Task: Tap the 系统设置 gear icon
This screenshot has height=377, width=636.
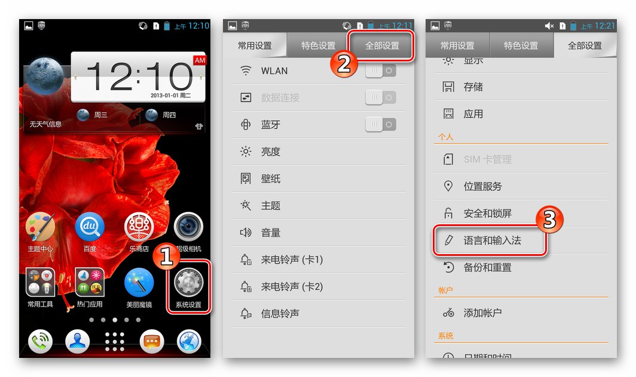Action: pos(188,283)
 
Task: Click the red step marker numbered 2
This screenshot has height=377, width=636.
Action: pos(344,62)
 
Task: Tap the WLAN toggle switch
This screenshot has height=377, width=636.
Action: pos(380,70)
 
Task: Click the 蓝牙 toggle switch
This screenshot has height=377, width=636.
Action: pos(380,125)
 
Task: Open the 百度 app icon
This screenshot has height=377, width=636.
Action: pos(90,228)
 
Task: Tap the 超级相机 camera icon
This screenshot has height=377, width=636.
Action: pos(188,228)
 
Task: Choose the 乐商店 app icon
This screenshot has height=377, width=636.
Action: pos(139,228)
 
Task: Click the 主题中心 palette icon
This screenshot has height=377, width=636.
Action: pos(41,228)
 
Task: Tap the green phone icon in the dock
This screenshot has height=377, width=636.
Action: pos(41,341)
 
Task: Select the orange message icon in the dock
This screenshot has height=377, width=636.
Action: pos(152,341)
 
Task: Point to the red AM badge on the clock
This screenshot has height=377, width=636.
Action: pos(200,60)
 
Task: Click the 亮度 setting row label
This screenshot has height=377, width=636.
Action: pos(271,152)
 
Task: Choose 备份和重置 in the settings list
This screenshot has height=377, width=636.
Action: pos(488,267)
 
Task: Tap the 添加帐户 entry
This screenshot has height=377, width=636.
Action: pos(482,313)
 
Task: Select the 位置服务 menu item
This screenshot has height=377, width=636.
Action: pos(483,186)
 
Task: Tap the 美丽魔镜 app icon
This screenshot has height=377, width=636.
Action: pos(139,283)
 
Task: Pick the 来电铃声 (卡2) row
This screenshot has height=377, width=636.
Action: pos(292,286)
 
